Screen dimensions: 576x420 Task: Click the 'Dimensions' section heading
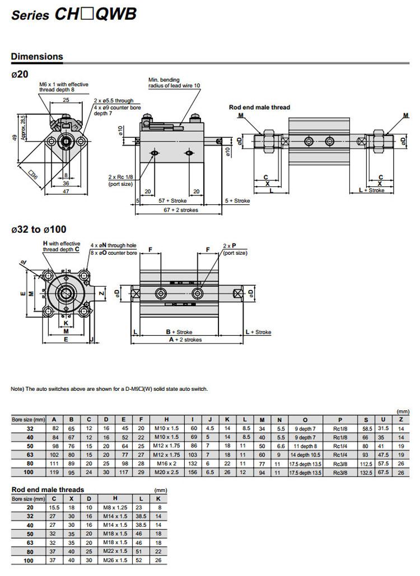click(x=37, y=57)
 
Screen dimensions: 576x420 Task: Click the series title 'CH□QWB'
click(x=95, y=15)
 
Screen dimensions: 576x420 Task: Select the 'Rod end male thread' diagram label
click(x=259, y=107)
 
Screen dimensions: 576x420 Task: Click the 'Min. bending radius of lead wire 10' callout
click(x=174, y=82)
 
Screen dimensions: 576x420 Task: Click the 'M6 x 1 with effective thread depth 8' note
click(x=64, y=87)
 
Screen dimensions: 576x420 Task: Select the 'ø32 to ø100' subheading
click(x=39, y=230)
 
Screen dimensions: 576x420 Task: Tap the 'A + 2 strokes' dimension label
click(x=189, y=340)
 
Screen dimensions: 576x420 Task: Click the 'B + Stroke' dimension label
click(x=179, y=332)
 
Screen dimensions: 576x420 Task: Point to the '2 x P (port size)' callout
click(x=235, y=249)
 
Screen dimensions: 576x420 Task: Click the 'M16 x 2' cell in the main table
click(x=166, y=464)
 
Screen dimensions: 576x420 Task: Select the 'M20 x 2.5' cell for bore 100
click(x=166, y=473)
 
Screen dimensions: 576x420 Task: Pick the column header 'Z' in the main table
click(x=401, y=419)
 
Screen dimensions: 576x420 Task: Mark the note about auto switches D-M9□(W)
click(x=109, y=388)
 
